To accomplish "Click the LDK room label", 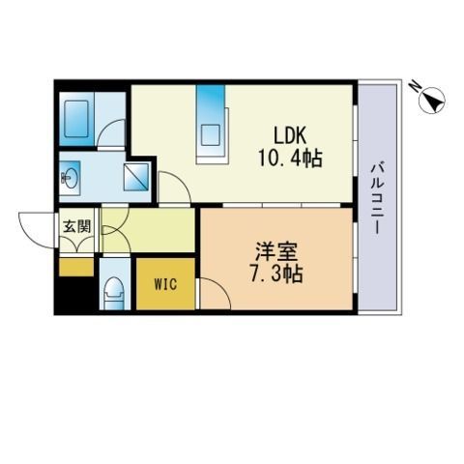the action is pos(290,135).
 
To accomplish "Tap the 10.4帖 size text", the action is pos(290,158).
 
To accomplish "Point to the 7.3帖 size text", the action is pos(276,275).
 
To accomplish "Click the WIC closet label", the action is pos(165,284).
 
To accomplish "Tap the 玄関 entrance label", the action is pos(76,227).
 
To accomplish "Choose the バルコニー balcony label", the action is pos(376,198).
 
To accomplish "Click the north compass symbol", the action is pos(431,99).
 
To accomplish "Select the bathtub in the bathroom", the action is pos(76,119).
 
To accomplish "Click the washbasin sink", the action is pos(70,177).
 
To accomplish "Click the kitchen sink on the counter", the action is pos(210,135).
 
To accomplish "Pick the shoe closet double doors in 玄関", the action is pos(77,246).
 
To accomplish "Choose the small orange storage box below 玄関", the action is pos(76,267).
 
